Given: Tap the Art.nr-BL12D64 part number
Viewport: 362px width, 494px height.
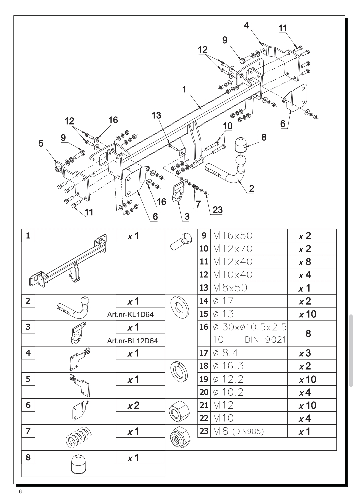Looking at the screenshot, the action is (x=132, y=341).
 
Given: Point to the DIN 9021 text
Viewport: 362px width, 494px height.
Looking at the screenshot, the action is (x=265, y=340).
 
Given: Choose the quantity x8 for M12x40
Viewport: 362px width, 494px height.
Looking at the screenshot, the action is (x=305, y=262).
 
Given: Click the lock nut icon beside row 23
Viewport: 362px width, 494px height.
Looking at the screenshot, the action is (x=180, y=436).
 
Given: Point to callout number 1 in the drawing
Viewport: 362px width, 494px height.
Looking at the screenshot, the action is (x=184, y=90).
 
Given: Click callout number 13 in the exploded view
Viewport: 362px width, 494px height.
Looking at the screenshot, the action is (x=156, y=115).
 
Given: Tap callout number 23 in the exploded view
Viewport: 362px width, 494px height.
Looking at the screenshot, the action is (x=217, y=210).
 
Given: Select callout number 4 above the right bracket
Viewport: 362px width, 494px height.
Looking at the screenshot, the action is (x=246, y=25).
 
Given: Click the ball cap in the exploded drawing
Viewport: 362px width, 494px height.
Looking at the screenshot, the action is (x=241, y=145).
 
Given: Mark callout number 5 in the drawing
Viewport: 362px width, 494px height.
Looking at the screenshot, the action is (x=41, y=143).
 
